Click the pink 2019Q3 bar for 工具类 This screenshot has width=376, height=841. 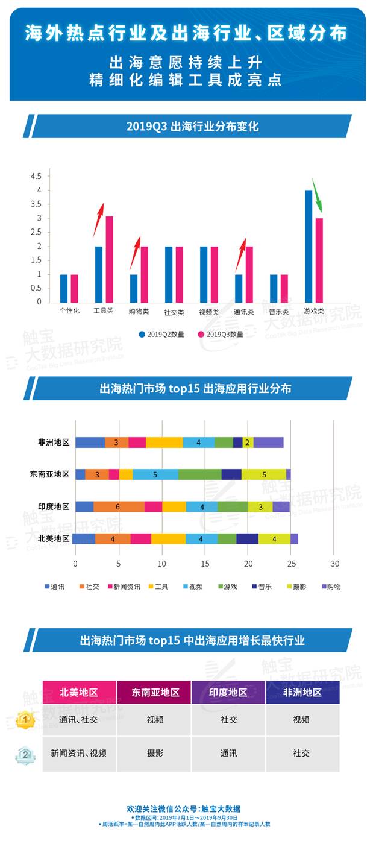pyautogui.click(x=109, y=259)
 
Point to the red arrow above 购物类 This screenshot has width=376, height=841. pyautogui.click(x=134, y=253)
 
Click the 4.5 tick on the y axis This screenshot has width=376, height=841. pyautogui.click(x=36, y=176)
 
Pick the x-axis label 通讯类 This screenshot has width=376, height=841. pyautogui.click(x=243, y=312)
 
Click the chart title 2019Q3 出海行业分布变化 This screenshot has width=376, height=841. pyautogui.click(x=192, y=127)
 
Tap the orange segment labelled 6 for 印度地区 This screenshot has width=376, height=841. pyautogui.click(x=119, y=506)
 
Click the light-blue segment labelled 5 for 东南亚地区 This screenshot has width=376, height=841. pyautogui.click(x=155, y=474)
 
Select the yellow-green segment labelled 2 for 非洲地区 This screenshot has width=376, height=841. pyautogui.click(x=248, y=443)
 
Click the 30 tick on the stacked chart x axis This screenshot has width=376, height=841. pyautogui.click(x=335, y=564)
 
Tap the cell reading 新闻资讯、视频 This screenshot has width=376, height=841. pyautogui.click(x=79, y=753)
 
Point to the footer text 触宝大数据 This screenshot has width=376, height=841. pyautogui.click(x=222, y=809)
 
